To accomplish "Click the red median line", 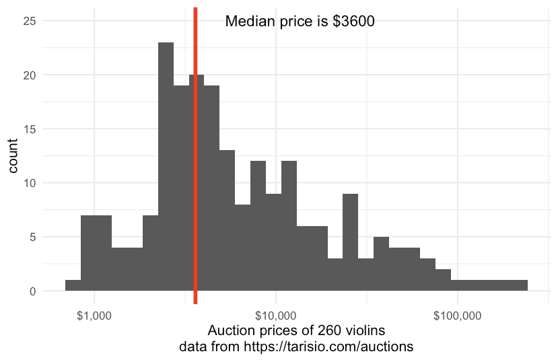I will tap(195, 168).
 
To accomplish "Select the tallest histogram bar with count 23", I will tap(166, 168).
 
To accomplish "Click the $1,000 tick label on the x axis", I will tap(94, 315).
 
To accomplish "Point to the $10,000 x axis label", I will tap(275, 315).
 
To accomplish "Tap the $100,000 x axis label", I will tap(457, 315).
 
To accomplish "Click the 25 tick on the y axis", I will tap(30, 21).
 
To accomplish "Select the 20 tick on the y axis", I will tap(30, 75).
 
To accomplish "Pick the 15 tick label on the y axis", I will tap(30, 129).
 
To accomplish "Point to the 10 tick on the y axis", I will tap(30, 183).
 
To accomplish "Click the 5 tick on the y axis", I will tap(32, 237).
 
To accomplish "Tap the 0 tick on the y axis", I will tap(32, 291).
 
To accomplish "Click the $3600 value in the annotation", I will tap(353, 22).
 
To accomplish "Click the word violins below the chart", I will tap(359, 331).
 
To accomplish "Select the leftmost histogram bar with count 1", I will tap(73, 286).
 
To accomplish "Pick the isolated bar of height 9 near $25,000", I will tap(350, 242).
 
